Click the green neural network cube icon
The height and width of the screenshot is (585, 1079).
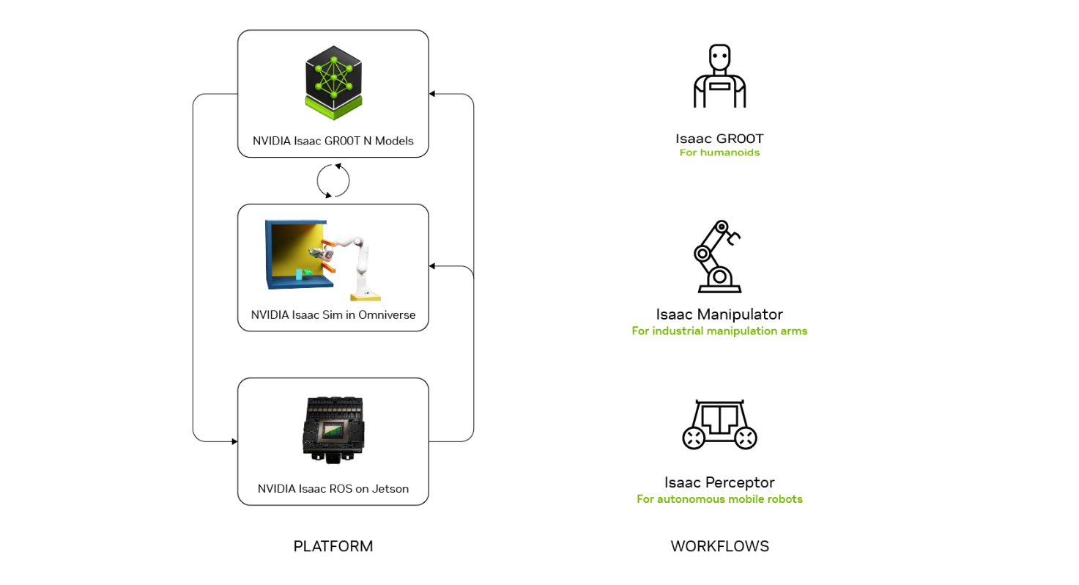pos(333,82)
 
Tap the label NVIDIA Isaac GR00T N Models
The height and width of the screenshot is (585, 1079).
pos(333,141)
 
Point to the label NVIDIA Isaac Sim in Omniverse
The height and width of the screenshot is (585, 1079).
pos(333,314)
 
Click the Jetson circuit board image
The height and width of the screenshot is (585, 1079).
pos(333,430)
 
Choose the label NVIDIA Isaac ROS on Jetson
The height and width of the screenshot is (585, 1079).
pos(333,489)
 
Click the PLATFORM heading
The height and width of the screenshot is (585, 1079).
pos(333,546)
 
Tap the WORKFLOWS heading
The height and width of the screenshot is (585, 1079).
pos(719,546)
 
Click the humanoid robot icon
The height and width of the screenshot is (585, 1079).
pos(719,76)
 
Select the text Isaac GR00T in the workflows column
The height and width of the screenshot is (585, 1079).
pos(719,139)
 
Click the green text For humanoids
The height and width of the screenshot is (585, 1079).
pos(719,152)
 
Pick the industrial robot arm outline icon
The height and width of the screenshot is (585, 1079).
pos(718,257)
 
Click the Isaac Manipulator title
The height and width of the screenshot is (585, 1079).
pos(719,314)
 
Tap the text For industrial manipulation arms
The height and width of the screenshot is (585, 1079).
pos(719,331)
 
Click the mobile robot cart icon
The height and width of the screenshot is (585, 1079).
pos(719,424)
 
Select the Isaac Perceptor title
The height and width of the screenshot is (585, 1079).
pos(719,482)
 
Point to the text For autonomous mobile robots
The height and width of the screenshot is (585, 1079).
pos(719,498)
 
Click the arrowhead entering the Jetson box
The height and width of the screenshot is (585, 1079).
pos(234,441)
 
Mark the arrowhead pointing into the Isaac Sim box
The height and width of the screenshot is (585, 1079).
pos(432,266)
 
